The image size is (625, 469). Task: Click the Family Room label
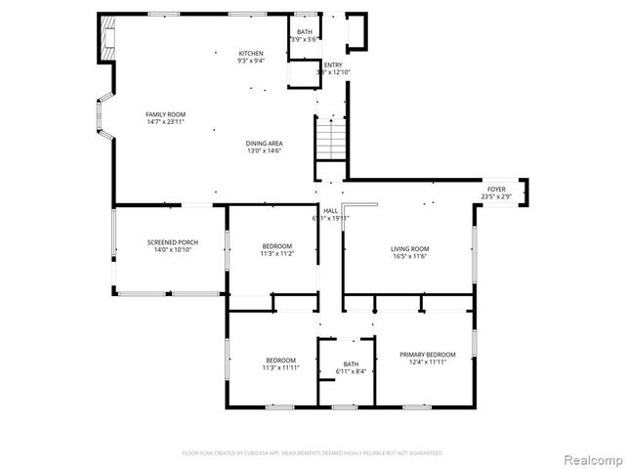click(165, 114)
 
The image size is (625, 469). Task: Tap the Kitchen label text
click(251, 53)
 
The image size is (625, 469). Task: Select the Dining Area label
click(264, 144)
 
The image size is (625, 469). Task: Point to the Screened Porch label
click(173, 242)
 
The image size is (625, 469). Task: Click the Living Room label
click(410, 248)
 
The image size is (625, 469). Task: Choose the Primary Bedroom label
click(427, 354)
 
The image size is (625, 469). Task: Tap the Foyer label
click(496, 189)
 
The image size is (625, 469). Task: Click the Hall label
click(331, 209)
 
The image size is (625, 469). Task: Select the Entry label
click(333, 64)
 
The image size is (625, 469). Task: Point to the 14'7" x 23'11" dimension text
click(165, 122)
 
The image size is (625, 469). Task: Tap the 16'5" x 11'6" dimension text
click(410, 256)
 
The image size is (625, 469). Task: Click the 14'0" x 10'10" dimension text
click(173, 250)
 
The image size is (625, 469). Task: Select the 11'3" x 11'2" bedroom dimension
click(276, 253)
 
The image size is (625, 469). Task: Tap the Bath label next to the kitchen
click(304, 32)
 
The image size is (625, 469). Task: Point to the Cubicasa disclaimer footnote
click(312, 453)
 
